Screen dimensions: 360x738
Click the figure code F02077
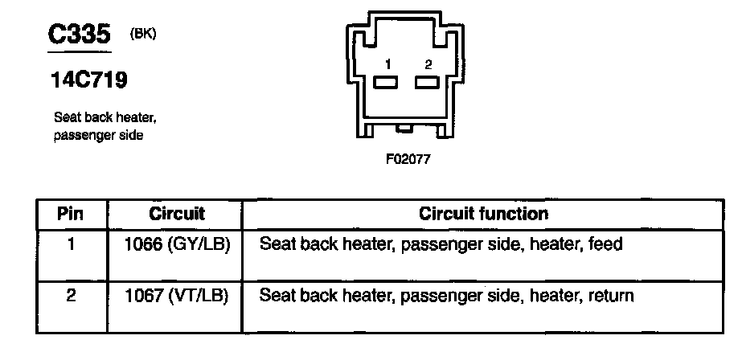tap(408, 159)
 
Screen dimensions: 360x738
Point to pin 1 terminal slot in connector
tap(387, 82)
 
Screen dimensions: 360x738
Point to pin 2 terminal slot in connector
tap(426, 82)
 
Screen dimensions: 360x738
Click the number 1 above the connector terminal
tap(387, 63)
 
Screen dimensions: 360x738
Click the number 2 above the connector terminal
tap(428, 63)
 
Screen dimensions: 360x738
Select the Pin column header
tap(72, 215)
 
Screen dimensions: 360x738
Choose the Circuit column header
tap(177, 215)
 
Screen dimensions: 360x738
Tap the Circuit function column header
tap(483, 215)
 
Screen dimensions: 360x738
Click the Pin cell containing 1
tap(72, 243)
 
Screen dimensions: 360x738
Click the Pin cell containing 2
tap(72, 296)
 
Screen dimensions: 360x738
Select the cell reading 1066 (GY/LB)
tap(177, 243)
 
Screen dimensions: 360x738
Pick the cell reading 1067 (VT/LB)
tap(177, 296)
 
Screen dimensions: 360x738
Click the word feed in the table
tap(606, 243)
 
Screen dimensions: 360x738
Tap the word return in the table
tap(612, 296)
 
